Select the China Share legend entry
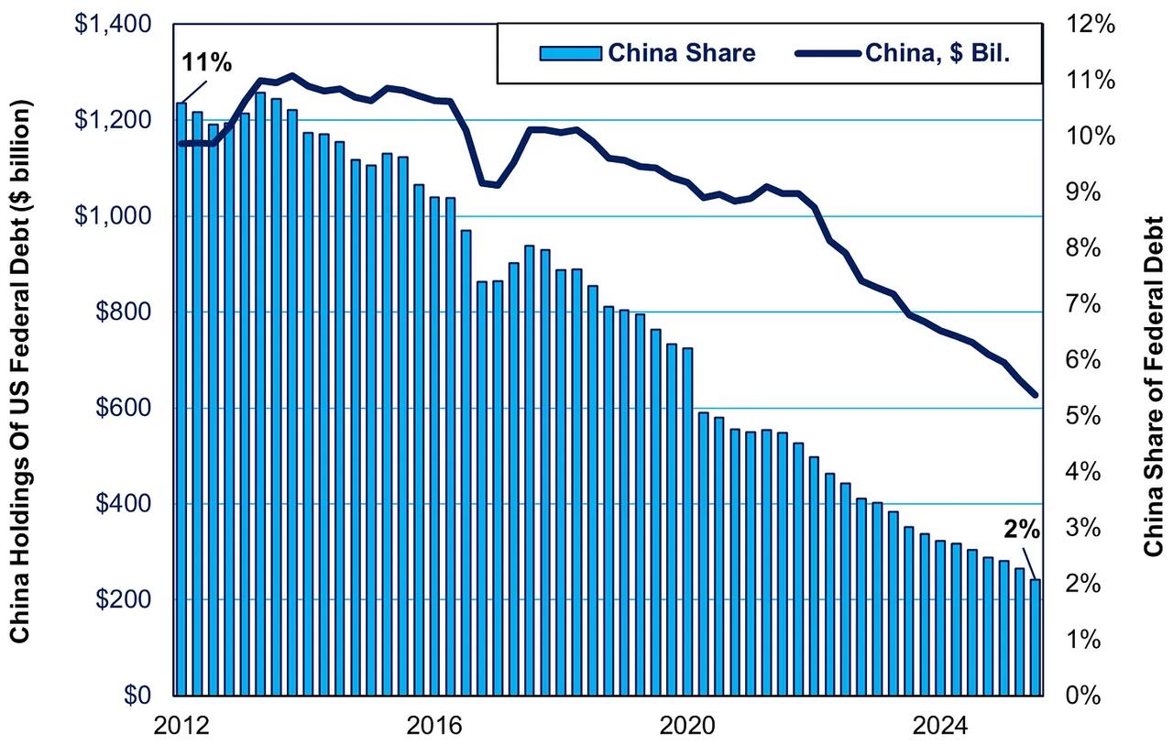click(x=647, y=53)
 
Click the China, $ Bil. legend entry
click(x=916, y=53)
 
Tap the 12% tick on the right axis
click(x=1090, y=25)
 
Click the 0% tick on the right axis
click(x=1095, y=696)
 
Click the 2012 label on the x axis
click(x=180, y=726)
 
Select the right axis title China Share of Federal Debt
click(x=1152, y=385)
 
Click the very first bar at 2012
click(x=181, y=399)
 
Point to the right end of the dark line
click(x=1035, y=395)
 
